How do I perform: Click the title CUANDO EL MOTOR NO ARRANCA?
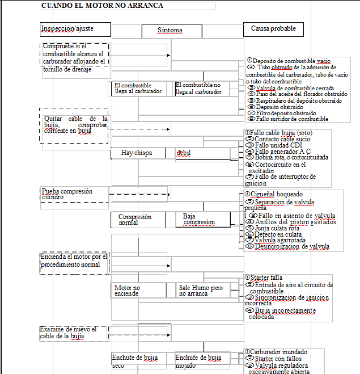pos(103,6)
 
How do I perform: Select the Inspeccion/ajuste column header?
pos(67,28)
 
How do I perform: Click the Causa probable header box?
pos(273,28)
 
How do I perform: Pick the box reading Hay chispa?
pos(137,153)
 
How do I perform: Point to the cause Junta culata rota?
pos(277,228)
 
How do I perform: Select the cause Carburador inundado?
pos(277,352)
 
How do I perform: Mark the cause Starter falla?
pos(266,278)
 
